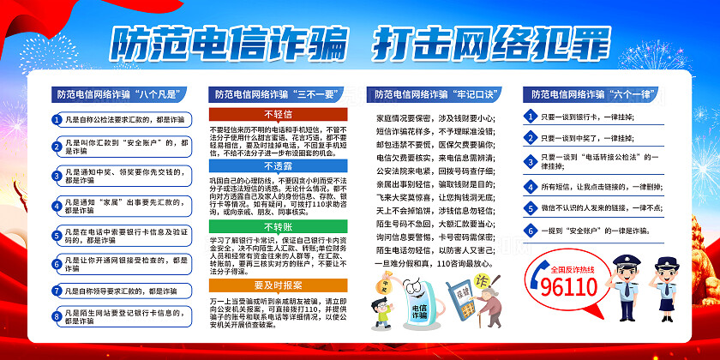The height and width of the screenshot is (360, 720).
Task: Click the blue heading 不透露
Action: click(278, 166)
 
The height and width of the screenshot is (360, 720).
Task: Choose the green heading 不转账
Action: click(278, 226)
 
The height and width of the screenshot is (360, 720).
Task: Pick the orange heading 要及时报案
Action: click(278, 284)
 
